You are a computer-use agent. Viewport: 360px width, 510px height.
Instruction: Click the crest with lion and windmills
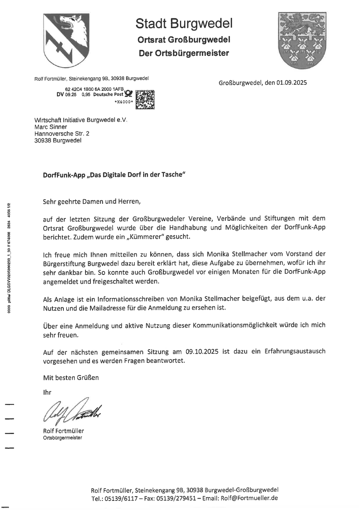300,39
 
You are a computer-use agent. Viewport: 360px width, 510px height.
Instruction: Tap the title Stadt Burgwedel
184,24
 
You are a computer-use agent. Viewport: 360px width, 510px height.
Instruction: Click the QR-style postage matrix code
145,99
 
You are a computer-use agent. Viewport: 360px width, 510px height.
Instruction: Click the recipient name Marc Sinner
51,127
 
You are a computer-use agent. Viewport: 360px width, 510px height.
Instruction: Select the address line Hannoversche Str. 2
62,134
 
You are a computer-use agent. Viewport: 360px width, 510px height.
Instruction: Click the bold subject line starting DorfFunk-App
114,176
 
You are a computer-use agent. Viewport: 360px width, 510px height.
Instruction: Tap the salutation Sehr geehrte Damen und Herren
92,201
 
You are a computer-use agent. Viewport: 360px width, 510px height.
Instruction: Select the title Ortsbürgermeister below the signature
63,438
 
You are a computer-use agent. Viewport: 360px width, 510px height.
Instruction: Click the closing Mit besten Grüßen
71,377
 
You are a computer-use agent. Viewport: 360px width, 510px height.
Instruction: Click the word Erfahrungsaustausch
295,352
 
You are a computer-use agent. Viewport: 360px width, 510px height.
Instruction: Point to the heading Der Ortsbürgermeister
184,53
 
